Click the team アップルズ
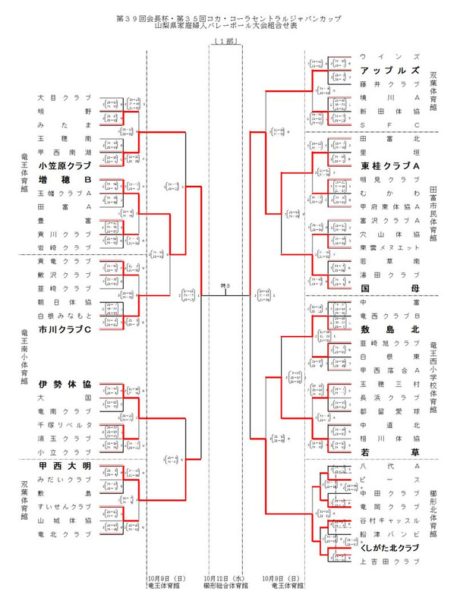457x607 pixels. pyautogui.click(x=390, y=70)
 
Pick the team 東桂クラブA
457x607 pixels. pyautogui.click(x=390, y=166)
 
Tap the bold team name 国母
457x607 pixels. pyautogui.click(x=390, y=288)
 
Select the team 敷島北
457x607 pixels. pyautogui.click(x=390, y=329)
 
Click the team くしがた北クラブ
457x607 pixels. pyautogui.click(x=390, y=548)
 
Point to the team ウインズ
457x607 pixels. pyautogui.click(x=390, y=57)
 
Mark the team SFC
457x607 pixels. pyautogui.click(x=390, y=124)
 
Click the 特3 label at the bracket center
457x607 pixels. pyautogui.click(x=225, y=285)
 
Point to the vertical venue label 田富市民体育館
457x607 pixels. pyautogui.click(x=434, y=214)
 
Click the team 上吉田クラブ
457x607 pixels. pyautogui.click(x=390, y=561)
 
